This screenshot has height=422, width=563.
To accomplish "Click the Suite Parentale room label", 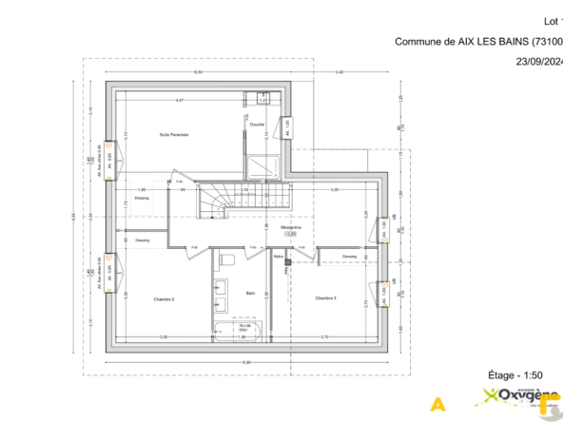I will pyautogui.click(x=174, y=135).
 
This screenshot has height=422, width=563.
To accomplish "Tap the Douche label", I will pyautogui.click(x=257, y=125).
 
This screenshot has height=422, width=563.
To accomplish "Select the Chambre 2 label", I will pyautogui.click(x=164, y=298).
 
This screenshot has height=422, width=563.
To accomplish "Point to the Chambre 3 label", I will pyautogui.click(x=326, y=298).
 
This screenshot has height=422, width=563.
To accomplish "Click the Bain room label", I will pyautogui.click(x=251, y=293).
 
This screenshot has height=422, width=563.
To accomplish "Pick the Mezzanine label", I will pyautogui.click(x=291, y=228).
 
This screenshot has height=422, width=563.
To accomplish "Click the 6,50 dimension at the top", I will pyautogui.click(x=199, y=73).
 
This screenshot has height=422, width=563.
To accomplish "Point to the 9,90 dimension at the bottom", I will pyautogui.click(x=245, y=362).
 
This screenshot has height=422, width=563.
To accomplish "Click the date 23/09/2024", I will pyautogui.click(x=538, y=61).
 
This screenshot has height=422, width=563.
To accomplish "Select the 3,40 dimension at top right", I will pyautogui.click(x=340, y=73).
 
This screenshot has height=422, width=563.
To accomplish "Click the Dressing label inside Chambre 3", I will pyautogui.click(x=349, y=256).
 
